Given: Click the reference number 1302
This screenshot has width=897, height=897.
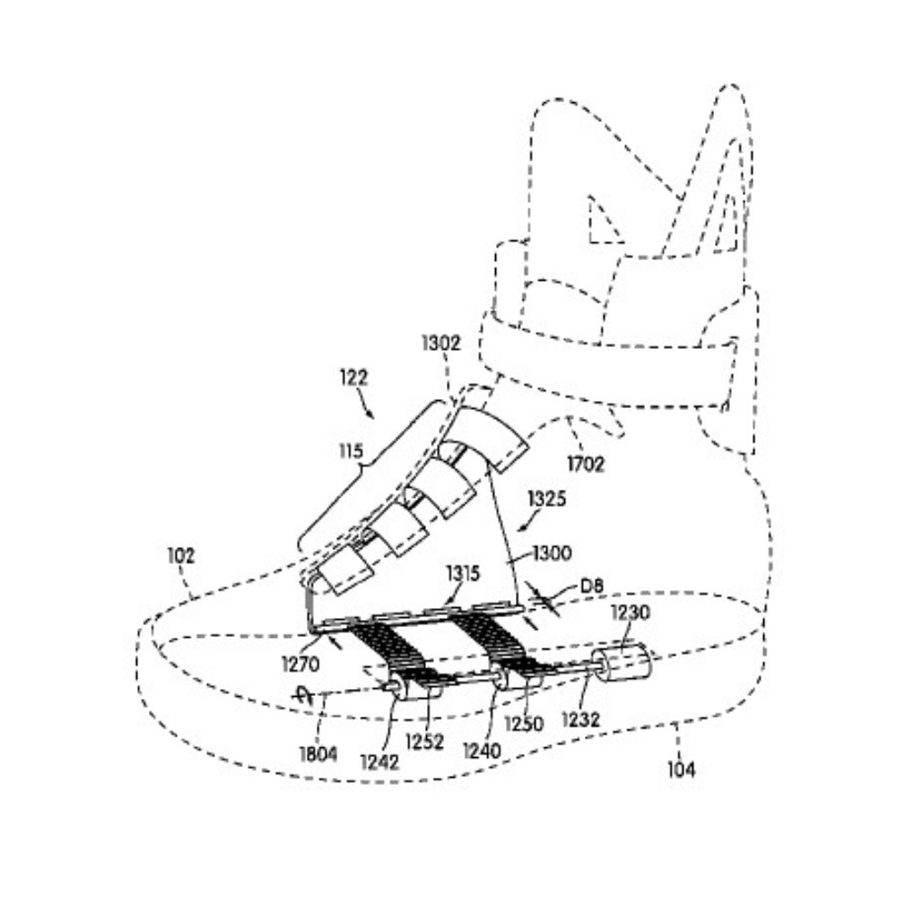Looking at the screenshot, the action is pos(441,343).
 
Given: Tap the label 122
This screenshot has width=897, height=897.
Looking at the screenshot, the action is pos(353,378).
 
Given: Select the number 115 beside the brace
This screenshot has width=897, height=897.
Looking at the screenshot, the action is pos(351,451).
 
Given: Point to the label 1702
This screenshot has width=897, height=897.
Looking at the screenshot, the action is pos(585,464).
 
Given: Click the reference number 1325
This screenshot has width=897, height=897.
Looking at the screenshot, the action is pos(547,498).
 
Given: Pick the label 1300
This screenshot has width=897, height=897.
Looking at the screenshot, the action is pos(552,553).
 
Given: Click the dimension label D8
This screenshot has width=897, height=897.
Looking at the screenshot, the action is pos(591,587).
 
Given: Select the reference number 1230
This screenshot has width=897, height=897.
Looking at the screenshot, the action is pos(631,613).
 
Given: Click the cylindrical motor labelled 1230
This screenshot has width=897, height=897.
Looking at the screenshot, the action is pos(621,664).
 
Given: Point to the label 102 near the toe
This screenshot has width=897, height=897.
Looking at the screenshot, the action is pos(181,555).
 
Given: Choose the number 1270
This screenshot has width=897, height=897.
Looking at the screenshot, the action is pos(300,664).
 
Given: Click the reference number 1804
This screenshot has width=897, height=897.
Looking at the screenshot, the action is pos(318,754).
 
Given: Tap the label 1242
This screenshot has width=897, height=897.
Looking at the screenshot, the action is pos(379,762).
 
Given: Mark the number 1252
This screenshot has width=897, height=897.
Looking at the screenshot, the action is pos(424,742).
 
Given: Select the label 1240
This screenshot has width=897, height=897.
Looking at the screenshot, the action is pos(482,750).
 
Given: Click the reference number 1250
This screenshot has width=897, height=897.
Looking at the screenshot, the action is pos(524,724).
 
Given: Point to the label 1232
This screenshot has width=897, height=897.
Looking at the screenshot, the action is pos(580,719).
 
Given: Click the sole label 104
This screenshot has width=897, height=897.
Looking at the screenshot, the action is pos(682,770).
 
